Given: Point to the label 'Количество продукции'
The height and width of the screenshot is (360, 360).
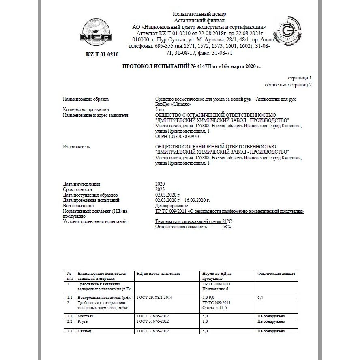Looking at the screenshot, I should (86, 109).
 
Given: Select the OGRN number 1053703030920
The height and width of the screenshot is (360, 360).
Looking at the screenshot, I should (177, 136).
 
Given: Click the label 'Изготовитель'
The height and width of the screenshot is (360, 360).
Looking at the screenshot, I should (77, 147).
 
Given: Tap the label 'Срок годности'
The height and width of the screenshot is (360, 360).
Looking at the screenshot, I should (78, 189).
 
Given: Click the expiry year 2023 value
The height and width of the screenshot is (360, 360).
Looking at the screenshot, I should (160, 189).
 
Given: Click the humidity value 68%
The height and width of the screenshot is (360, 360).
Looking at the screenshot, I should (226, 227).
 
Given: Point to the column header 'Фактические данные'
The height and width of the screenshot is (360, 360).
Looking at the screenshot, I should (276, 274).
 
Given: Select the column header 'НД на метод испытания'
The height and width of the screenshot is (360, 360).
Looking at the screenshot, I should (158, 274).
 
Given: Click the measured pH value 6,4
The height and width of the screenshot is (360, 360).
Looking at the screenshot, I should (260, 298).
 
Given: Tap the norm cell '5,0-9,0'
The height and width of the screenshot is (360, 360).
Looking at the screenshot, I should (209, 298).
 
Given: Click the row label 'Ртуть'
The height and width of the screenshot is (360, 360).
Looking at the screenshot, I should (83, 321).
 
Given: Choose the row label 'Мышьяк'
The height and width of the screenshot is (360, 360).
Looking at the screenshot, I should (86, 316).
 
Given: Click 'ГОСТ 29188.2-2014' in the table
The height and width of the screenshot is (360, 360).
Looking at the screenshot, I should (154, 298).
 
